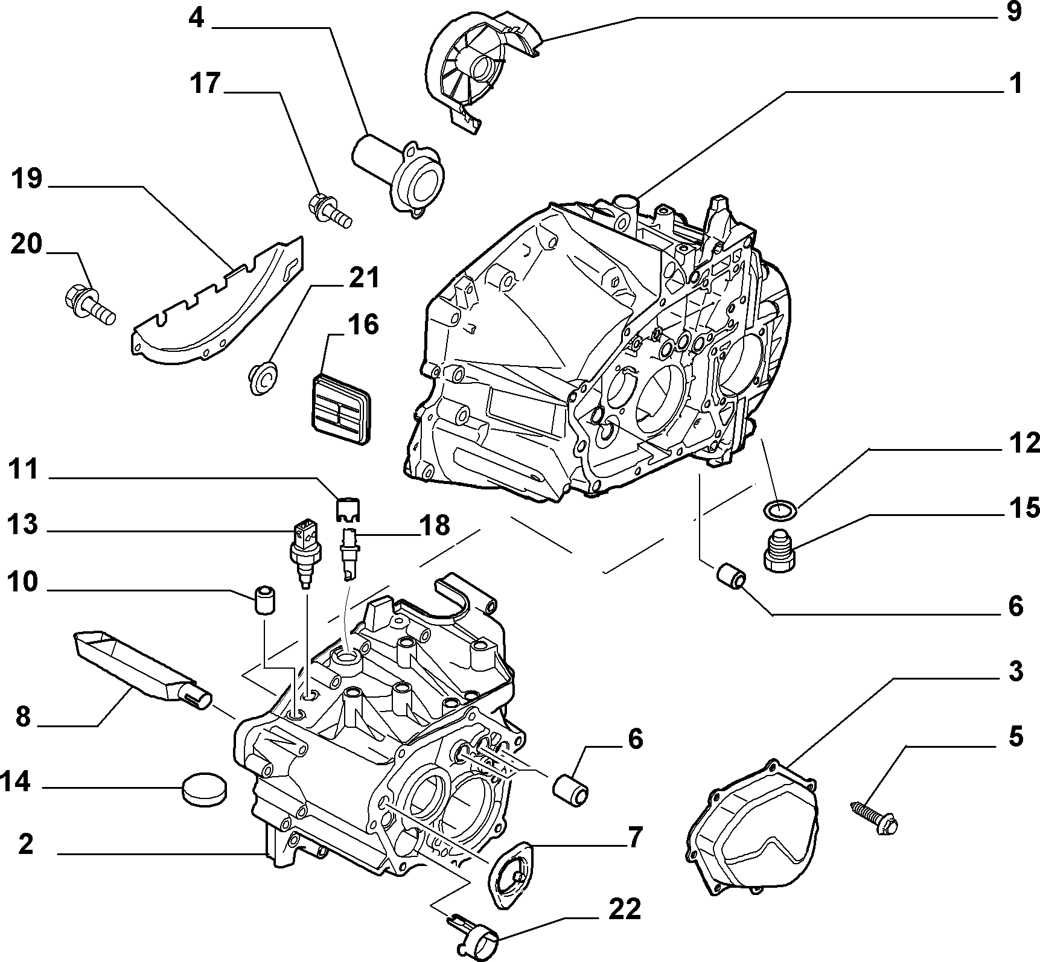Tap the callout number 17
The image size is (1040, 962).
pyautogui.click(x=205, y=83)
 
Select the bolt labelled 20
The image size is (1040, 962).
pyautogui.click(x=88, y=304)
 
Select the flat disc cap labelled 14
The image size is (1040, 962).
pyautogui.click(x=205, y=789)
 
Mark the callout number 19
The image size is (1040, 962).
pyautogui.click(x=26, y=179)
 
